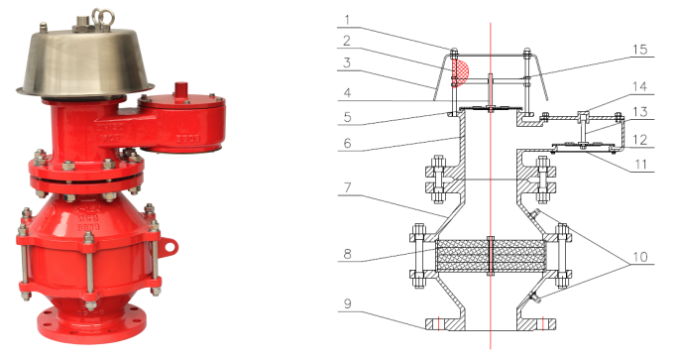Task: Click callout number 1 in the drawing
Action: (348, 20)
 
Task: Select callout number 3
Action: (347, 62)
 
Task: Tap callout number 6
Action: (348, 143)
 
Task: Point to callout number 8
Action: (348, 254)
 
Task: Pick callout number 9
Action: (348, 303)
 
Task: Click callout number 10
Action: (640, 257)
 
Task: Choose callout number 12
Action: (640, 140)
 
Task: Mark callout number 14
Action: (640, 86)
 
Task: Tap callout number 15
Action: (640, 50)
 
